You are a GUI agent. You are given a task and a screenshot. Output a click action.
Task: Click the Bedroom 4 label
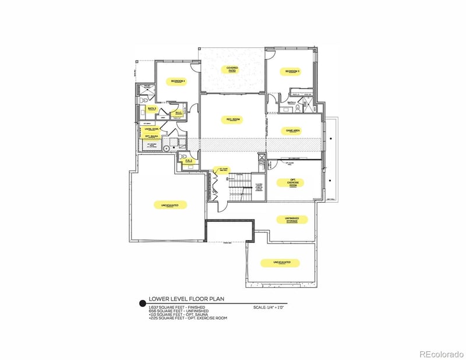[177, 81]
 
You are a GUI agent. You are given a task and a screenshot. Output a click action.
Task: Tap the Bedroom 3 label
[292, 71]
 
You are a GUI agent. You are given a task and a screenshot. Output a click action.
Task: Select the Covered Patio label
[232, 70]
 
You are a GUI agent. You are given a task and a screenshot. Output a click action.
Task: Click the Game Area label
[292, 131]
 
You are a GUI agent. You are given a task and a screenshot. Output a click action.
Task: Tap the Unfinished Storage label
[292, 220]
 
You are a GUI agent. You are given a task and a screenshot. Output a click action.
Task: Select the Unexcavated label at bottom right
[285, 263]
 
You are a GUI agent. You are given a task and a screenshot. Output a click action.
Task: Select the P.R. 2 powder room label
[189, 160]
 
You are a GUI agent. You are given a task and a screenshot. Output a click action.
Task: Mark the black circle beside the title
[141, 303]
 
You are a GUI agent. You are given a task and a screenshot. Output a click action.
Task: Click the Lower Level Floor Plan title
[186, 298]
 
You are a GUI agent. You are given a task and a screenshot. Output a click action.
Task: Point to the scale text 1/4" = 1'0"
[269, 307]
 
